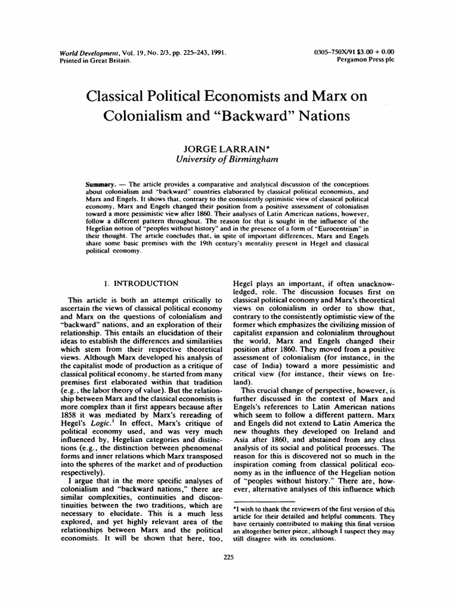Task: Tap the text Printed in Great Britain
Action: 94,60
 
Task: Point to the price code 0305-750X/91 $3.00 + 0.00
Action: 354,52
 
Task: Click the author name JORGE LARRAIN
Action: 227,148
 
